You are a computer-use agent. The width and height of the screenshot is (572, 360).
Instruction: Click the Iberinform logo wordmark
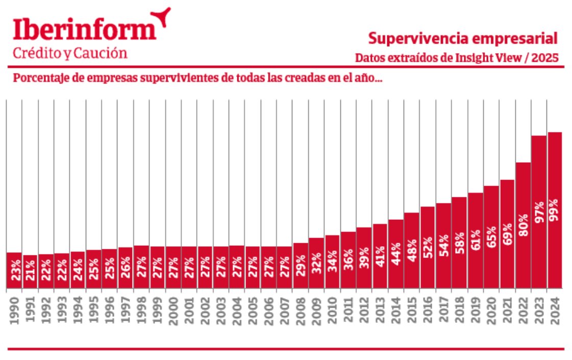84,31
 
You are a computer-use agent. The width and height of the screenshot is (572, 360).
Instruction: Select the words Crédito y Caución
70,53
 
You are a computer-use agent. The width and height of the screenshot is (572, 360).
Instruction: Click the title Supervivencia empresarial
463,38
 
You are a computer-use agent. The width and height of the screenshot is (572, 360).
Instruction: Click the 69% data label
507,234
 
